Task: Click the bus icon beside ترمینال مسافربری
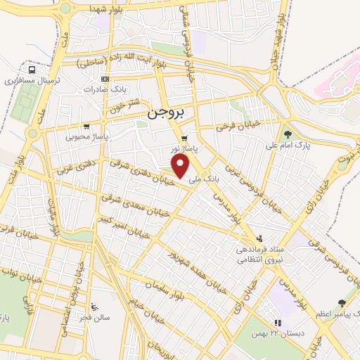click(x=32, y=70)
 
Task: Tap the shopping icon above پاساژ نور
click(x=184, y=138)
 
